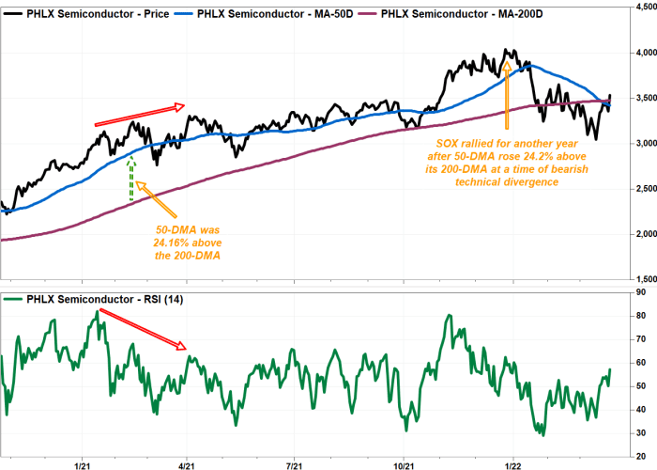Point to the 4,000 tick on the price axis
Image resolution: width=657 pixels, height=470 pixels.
click(639, 53)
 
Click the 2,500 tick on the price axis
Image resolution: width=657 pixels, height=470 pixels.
click(639, 189)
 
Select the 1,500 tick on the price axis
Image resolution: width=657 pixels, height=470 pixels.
click(639, 279)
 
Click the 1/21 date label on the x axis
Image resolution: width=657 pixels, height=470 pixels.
click(81, 464)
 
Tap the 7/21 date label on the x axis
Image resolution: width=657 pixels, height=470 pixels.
click(295, 464)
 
